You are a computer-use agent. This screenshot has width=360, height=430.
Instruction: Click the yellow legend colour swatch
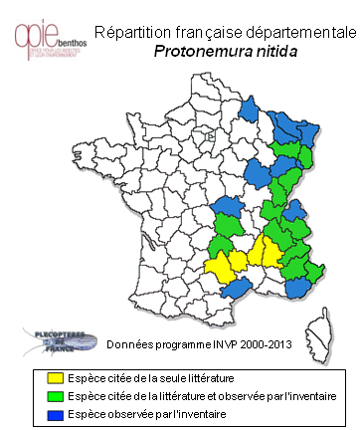click(x=55, y=378)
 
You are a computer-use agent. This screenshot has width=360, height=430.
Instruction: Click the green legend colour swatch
click(x=55, y=396)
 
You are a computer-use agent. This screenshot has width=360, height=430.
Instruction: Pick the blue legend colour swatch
click(x=55, y=413)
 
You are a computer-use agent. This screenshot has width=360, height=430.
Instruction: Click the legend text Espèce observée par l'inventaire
click(x=147, y=413)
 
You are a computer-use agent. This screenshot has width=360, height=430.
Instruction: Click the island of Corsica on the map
click(x=324, y=324)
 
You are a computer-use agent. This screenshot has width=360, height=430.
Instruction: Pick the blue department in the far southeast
click(x=299, y=289)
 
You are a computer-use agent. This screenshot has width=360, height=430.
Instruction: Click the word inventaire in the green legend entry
click(x=307, y=396)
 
